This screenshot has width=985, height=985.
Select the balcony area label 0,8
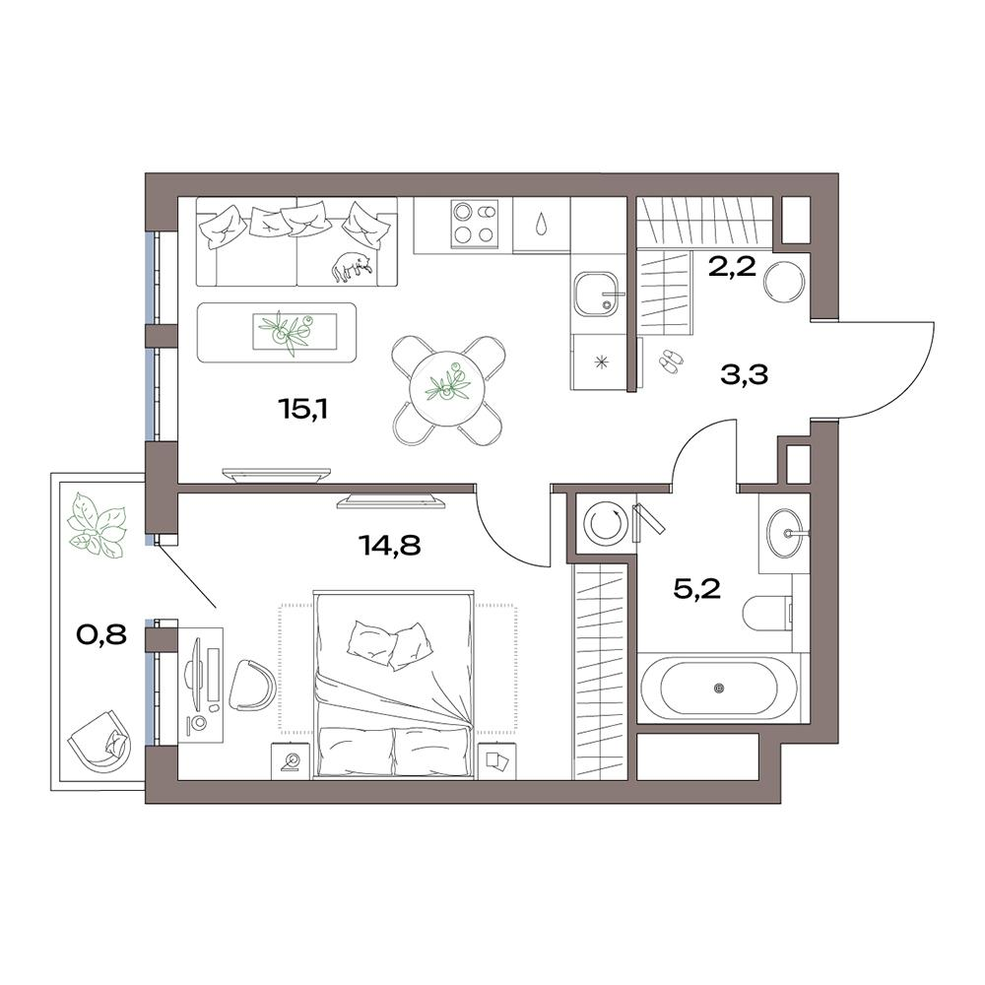tap(101, 634)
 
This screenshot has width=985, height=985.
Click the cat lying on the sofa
tap(351, 264)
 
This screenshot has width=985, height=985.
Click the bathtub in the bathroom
tap(719, 687)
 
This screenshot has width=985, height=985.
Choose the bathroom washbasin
tap(785, 533)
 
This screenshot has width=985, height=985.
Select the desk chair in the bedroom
tap(252, 683)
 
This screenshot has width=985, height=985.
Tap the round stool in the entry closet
tap(788, 280)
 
